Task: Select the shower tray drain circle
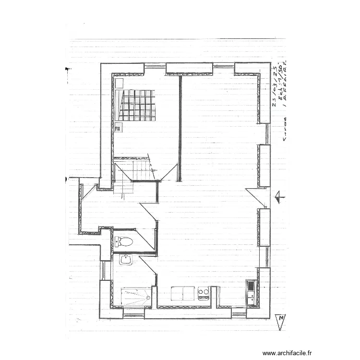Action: (148, 298)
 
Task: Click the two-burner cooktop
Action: (203, 291)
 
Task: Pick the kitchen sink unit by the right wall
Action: (250, 293)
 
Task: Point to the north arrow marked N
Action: (280, 321)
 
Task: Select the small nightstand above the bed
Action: (119, 83)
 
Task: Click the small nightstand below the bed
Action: (118, 127)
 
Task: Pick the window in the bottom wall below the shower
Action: (134, 314)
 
